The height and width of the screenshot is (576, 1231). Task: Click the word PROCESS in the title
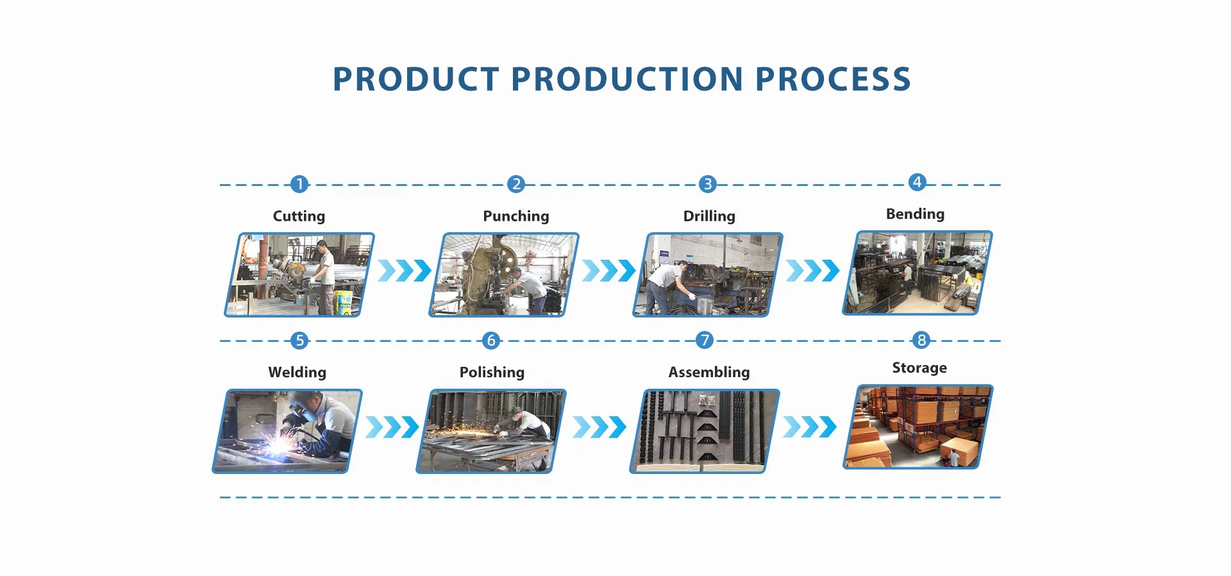pos(833,80)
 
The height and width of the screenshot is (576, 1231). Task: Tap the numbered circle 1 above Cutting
pos(299,185)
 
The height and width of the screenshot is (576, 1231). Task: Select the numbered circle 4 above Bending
pos(917,182)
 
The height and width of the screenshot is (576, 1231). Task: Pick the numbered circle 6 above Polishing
pos(491,341)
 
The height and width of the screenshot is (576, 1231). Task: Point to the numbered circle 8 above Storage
pos(921,340)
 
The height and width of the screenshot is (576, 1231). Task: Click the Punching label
pos(516,216)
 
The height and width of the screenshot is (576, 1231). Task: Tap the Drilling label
pos(709,216)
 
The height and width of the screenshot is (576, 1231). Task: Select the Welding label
pos(297,373)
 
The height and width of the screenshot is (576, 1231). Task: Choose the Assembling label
pos(709,373)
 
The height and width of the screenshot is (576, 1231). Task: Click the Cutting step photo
pos(299,275)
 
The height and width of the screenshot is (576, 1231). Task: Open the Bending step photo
pos(917,273)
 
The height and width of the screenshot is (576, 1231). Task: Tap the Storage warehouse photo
pos(918,427)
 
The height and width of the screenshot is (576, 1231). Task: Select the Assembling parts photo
pos(705,431)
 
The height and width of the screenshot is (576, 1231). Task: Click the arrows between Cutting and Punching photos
pos(405,271)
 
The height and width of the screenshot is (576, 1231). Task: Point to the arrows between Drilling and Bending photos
pos(812,271)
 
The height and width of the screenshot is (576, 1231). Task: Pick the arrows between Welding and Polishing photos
pos(392,427)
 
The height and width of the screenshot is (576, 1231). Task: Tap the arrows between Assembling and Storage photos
pos(810,427)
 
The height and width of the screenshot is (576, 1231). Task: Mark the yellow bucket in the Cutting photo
pos(344,301)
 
